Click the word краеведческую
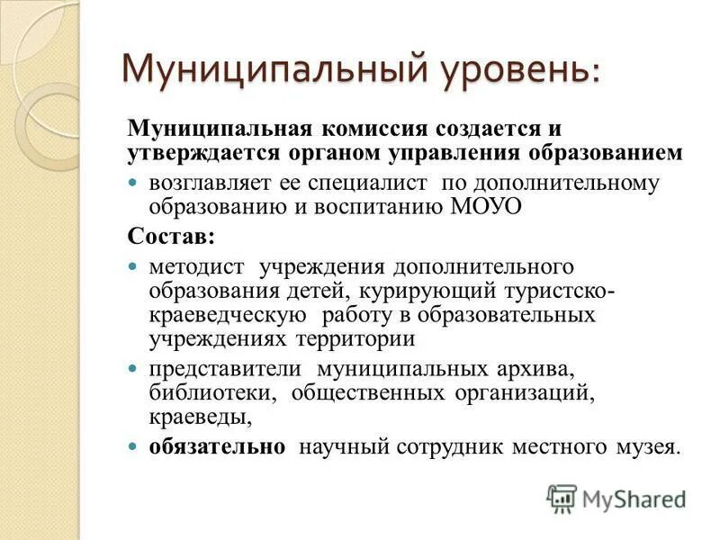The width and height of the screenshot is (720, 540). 228,316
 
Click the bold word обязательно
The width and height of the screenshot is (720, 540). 217,446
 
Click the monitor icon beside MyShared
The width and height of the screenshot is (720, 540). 562,498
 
